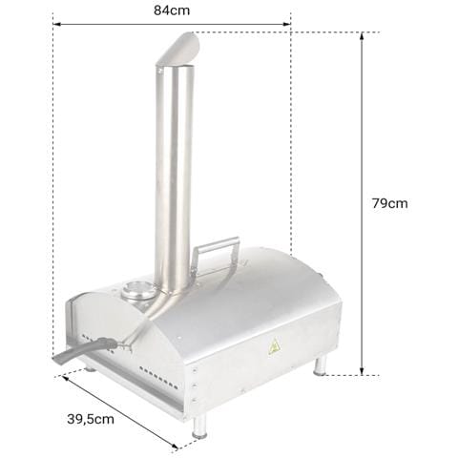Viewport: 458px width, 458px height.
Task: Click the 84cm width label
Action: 172,10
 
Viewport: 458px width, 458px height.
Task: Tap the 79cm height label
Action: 390,203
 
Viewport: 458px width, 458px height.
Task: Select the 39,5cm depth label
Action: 91,419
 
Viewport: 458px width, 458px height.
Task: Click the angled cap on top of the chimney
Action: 178,49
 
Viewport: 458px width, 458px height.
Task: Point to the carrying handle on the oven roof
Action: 216,255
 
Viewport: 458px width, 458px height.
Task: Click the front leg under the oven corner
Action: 199,426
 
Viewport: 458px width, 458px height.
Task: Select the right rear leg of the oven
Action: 320,364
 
